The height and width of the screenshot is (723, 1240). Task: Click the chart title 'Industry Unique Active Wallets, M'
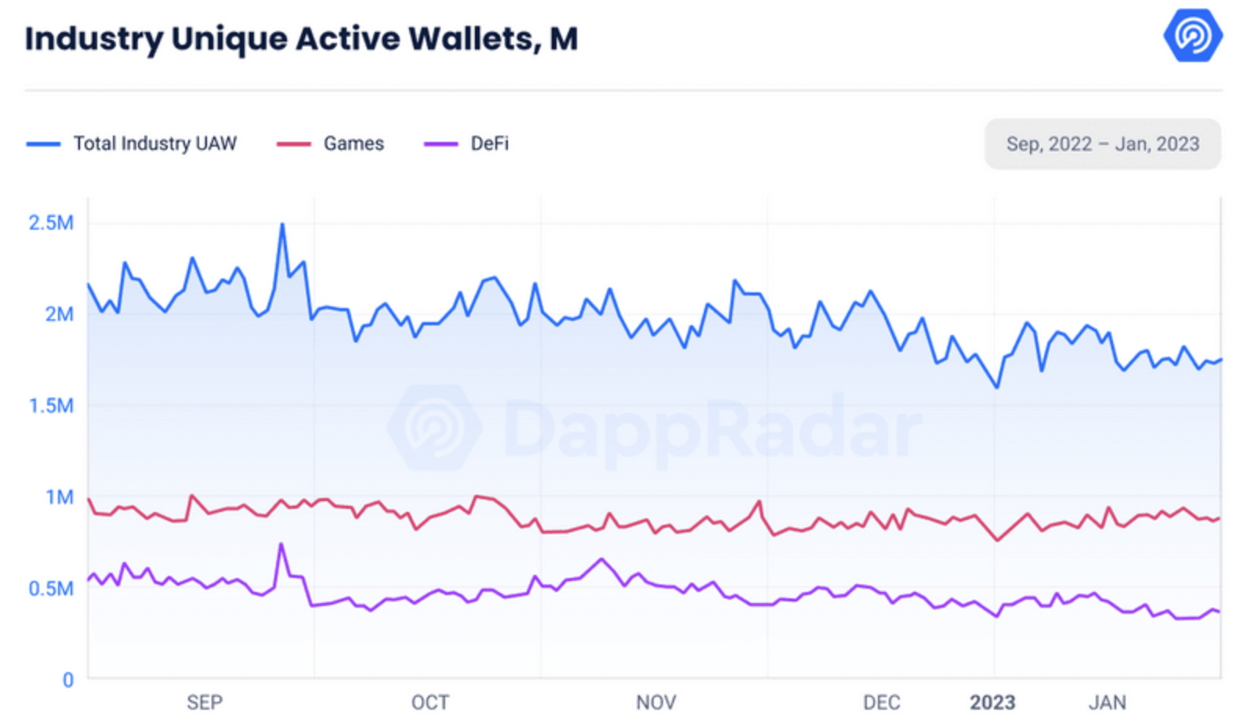click(302, 39)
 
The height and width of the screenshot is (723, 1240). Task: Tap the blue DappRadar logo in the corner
click(1192, 35)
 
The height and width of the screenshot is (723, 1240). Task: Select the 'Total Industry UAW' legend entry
click(132, 144)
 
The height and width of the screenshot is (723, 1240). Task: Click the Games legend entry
click(331, 144)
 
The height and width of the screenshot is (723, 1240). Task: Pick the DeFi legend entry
click(466, 144)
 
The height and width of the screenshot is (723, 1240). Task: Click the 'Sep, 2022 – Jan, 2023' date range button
click(1103, 144)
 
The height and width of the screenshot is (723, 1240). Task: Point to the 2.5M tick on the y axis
click(51, 223)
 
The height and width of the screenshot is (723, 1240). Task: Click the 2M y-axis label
click(60, 314)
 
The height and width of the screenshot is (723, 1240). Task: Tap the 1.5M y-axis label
click(51, 405)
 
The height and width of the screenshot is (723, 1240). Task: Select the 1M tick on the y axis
click(60, 497)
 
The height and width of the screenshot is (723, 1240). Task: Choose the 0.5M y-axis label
click(51, 588)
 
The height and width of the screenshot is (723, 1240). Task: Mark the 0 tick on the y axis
click(68, 680)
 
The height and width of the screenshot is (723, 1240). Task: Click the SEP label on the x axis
click(205, 703)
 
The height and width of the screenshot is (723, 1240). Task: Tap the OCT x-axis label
click(430, 703)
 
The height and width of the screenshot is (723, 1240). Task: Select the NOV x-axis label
click(656, 703)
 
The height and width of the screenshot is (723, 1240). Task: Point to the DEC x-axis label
click(882, 703)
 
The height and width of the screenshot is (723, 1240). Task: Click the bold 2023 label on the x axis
click(992, 703)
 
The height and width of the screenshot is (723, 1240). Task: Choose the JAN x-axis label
click(1108, 703)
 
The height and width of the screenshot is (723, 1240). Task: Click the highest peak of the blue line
click(282, 224)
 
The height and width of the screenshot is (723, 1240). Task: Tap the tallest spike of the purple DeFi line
click(281, 544)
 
